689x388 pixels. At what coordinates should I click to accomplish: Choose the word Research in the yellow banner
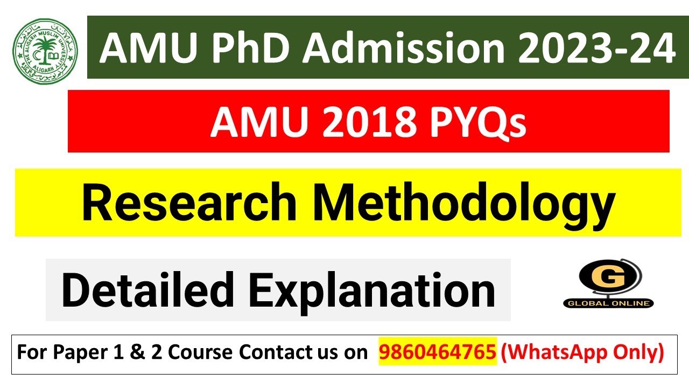188,203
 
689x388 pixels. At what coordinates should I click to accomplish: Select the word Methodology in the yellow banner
464,203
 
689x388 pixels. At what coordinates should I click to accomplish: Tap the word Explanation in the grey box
373,290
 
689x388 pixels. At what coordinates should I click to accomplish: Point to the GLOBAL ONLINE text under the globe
609,303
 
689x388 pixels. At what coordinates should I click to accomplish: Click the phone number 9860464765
438,352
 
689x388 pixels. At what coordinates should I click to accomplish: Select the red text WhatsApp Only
582,352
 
